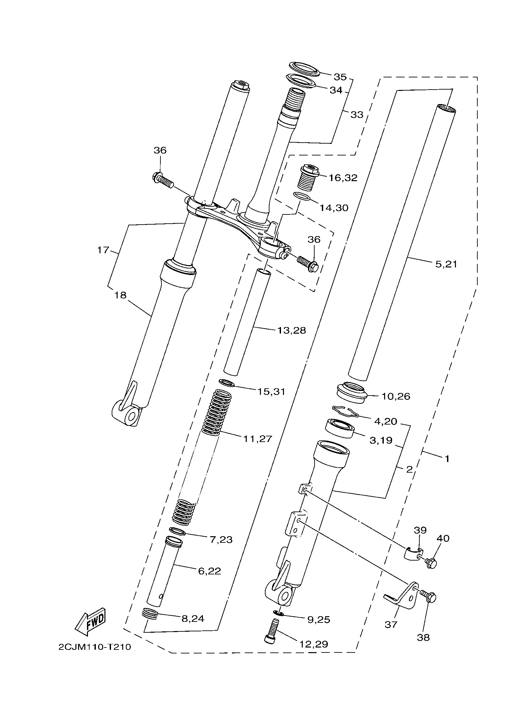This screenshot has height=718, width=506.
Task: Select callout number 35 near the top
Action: [340, 77]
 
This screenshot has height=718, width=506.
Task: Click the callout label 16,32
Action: [343, 178]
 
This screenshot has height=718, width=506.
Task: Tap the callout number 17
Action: [103, 250]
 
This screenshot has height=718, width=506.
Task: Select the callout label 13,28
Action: [292, 330]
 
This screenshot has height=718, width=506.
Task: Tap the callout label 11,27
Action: [258, 439]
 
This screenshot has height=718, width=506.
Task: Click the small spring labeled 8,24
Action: [150, 613]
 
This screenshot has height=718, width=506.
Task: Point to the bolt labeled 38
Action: [429, 596]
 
